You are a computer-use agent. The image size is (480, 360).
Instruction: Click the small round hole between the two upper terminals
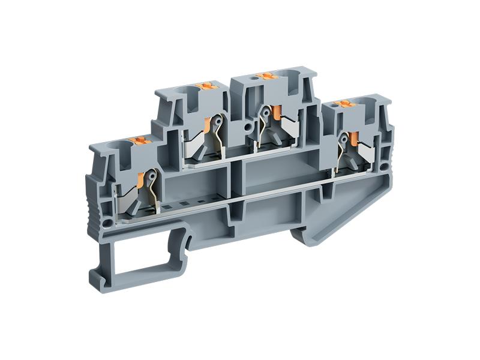tap(247, 127)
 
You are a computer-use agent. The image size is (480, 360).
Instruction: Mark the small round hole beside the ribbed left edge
tap(109, 224)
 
